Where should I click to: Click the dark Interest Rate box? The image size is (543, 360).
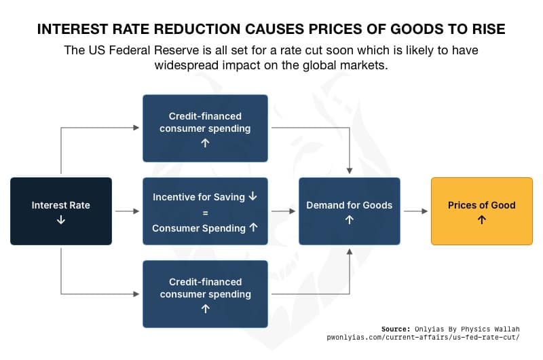pyautogui.click(x=61, y=211)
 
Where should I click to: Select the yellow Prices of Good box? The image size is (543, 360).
pyautogui.click(x=482, y=211)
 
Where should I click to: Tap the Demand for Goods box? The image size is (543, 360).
pyautogui.click(x=350, y=211)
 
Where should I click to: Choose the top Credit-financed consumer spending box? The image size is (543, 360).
pyautogui.click(x=205, y=128)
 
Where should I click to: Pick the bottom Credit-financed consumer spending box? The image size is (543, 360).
pyautogui.click(x=205, y=294)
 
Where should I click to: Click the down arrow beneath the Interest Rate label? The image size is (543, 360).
pyautogui.click(x=61, y=220)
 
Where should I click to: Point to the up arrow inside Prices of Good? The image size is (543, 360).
pyautogui.click(x=482, y=220)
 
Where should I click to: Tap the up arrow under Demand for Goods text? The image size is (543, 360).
pyautogui.click(x=350, y=220)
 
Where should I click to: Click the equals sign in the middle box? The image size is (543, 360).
pyautogui.click(x=205, y=212)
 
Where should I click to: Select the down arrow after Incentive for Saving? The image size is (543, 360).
pyautogui.click(x=253, y=196)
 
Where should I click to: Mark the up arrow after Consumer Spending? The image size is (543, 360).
pyautogui.click(x=253, y=228)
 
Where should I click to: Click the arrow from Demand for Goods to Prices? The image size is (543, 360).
pyautogui.click(x=415, y=211)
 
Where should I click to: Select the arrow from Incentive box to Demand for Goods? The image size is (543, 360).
pyautogui.click(x=283, y=211)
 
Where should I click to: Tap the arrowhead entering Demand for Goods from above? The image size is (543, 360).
pyautogui.click(x=350, y=170)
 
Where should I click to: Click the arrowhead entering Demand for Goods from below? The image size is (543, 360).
pyautogui.click(x=350, y=252)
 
